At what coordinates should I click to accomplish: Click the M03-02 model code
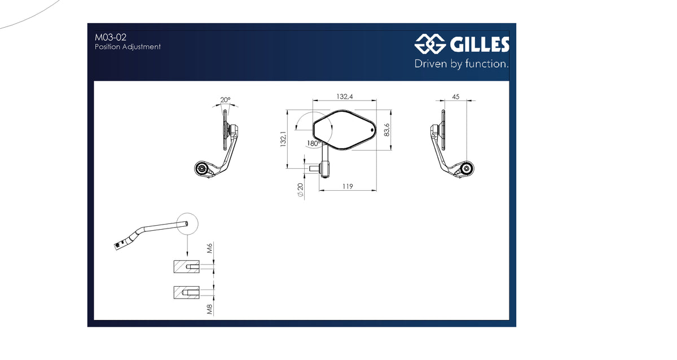(111, 37)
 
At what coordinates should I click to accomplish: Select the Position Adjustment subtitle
(128, 47)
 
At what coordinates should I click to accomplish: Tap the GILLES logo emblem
(430, 44)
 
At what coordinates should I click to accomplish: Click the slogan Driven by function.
(461, 64)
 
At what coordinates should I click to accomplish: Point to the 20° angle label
(225, 99)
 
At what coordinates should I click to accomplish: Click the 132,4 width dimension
(345, 96)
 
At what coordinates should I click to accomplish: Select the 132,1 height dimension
(283, 139)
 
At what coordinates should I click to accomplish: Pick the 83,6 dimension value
(386, 130)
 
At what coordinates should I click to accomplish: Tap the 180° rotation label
(314, 143)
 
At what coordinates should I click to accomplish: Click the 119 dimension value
(348, 187)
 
